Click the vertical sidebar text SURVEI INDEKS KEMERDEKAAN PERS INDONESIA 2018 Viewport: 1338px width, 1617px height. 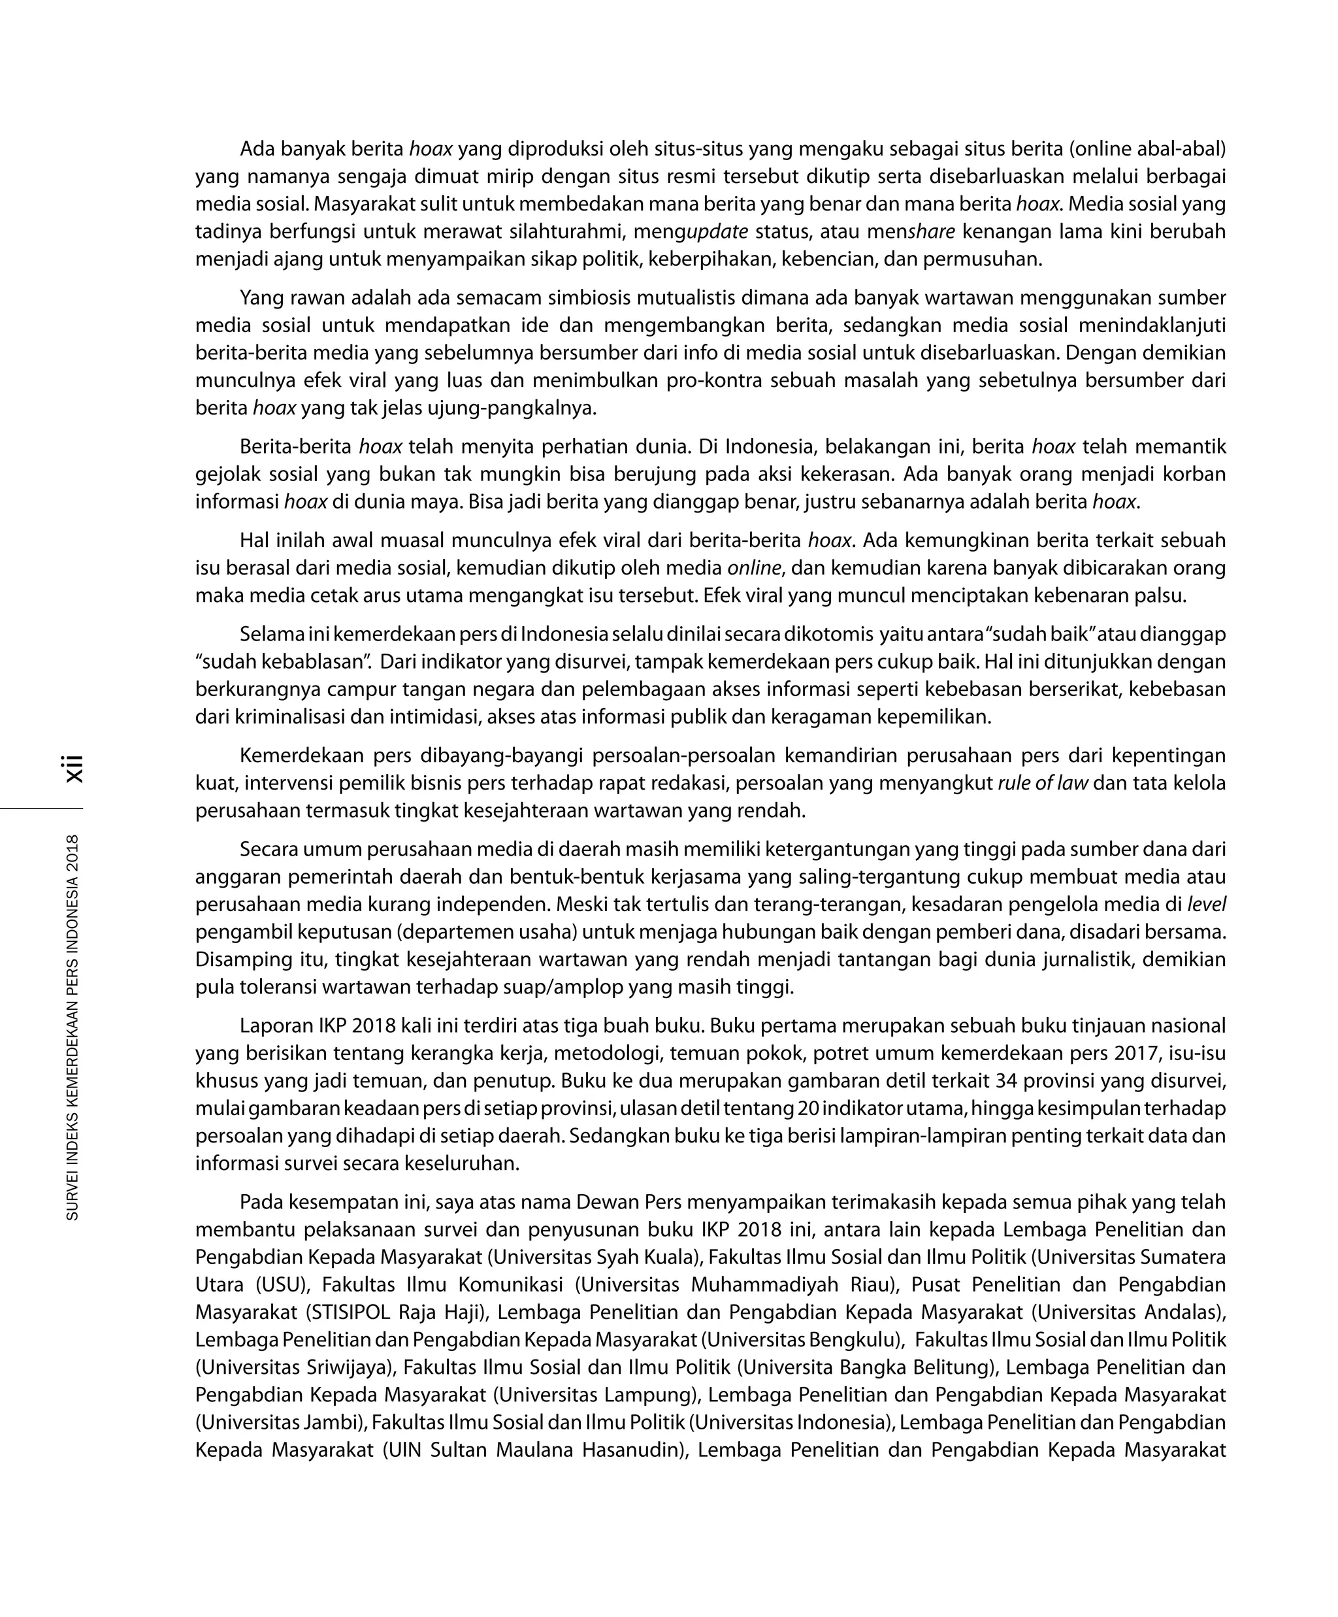coord(73,1027)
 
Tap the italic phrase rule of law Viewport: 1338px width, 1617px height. coord(1043,784)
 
